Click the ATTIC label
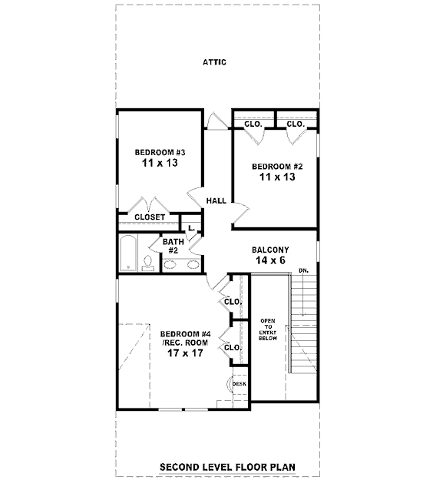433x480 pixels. point(214,62)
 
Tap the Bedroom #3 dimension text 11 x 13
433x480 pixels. point(160,163)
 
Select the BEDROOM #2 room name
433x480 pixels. point(277,167)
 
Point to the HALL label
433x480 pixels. point(216,200)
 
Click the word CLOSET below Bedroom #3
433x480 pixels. point(150,217)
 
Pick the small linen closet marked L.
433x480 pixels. point(192,228)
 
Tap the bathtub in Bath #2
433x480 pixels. point(127,253)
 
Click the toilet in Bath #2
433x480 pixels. point(148,263)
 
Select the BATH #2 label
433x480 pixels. point(174,246)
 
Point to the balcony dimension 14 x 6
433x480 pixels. point(270,260)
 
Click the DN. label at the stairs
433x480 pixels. point(303,270)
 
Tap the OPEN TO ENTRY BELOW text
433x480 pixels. point(268,329)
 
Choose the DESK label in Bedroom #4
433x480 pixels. point(240,384)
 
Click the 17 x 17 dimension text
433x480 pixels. point(185,353)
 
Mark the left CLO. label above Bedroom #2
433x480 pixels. point(253,124)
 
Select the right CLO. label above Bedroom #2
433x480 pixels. point(296,124)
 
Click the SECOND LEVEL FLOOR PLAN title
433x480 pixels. point(227,468)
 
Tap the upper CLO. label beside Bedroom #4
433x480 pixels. point(233,302)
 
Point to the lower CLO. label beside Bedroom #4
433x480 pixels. point(233,348)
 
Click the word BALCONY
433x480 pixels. point(270,250)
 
